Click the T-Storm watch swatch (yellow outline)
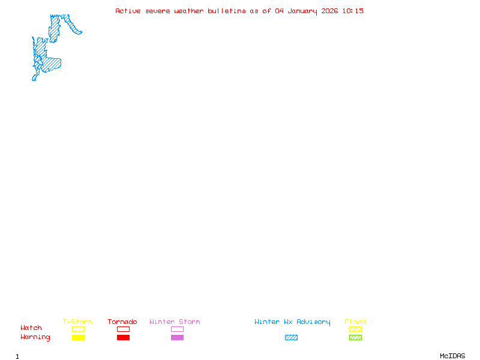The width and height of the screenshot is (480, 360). coord(78,329)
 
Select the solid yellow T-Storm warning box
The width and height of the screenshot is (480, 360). coord(78,338)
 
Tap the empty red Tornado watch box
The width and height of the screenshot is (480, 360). coord(123,329)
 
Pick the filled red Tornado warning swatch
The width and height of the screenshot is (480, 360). coord(123,338)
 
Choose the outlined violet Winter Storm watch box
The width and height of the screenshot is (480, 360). coord(177,329)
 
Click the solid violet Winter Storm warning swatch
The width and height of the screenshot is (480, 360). coord(177,338)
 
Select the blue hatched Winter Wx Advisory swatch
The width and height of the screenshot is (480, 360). coord(291,338)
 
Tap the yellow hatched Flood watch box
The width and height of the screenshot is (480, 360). coord(355,329)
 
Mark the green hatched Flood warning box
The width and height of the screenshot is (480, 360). coord(355,338)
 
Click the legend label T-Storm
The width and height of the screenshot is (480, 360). coord(77,322)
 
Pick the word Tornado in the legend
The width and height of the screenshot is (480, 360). coord(122,322)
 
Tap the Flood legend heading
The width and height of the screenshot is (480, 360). coord(355,322)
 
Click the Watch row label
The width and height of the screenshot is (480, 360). coord(31,328)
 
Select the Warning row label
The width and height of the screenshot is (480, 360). coord(35,337)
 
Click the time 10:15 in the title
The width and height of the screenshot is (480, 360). coord(353,11)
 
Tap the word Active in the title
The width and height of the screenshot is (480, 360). coord(128,11)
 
